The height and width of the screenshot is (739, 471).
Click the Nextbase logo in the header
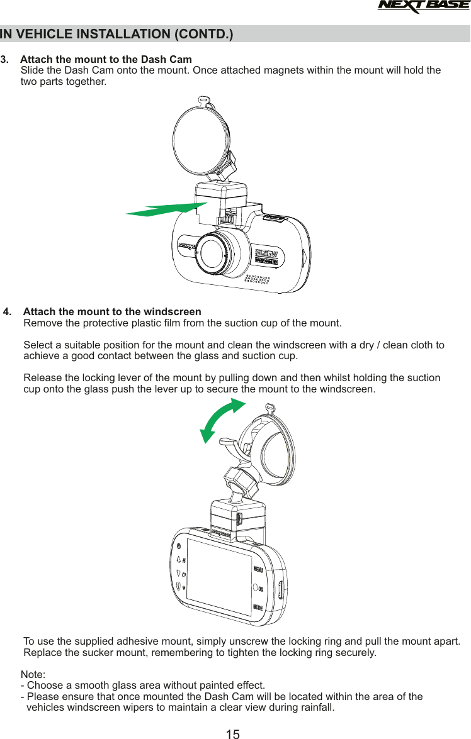point(423,7)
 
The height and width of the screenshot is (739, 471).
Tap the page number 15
point(232,733)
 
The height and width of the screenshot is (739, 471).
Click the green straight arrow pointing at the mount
point(167,209)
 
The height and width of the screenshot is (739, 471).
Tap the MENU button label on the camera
point(258,570)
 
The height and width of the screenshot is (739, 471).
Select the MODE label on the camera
point(258,608)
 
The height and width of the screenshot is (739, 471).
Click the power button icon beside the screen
point(179,545)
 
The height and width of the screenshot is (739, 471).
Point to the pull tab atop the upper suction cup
point(202,99)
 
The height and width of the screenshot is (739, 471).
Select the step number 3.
point(5,60)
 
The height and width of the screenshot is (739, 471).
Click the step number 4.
point(8,312)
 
